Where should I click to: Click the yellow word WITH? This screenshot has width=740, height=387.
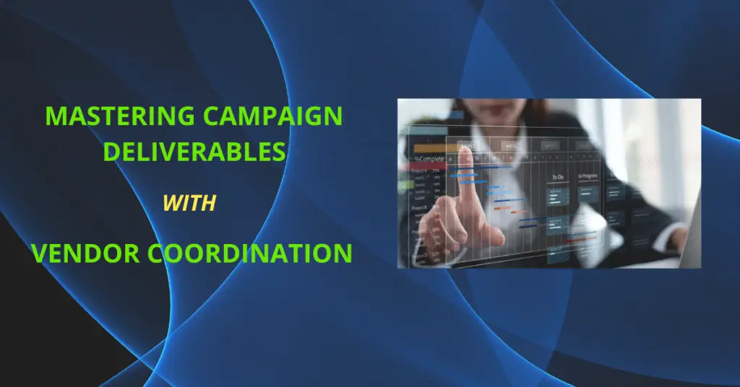pyautogui.click(x=189, y=204)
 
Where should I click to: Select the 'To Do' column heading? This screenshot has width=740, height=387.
pyautogui.click(x=559, y=176)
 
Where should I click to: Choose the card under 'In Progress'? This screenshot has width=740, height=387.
pyautogui.click(x=588, y=195)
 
